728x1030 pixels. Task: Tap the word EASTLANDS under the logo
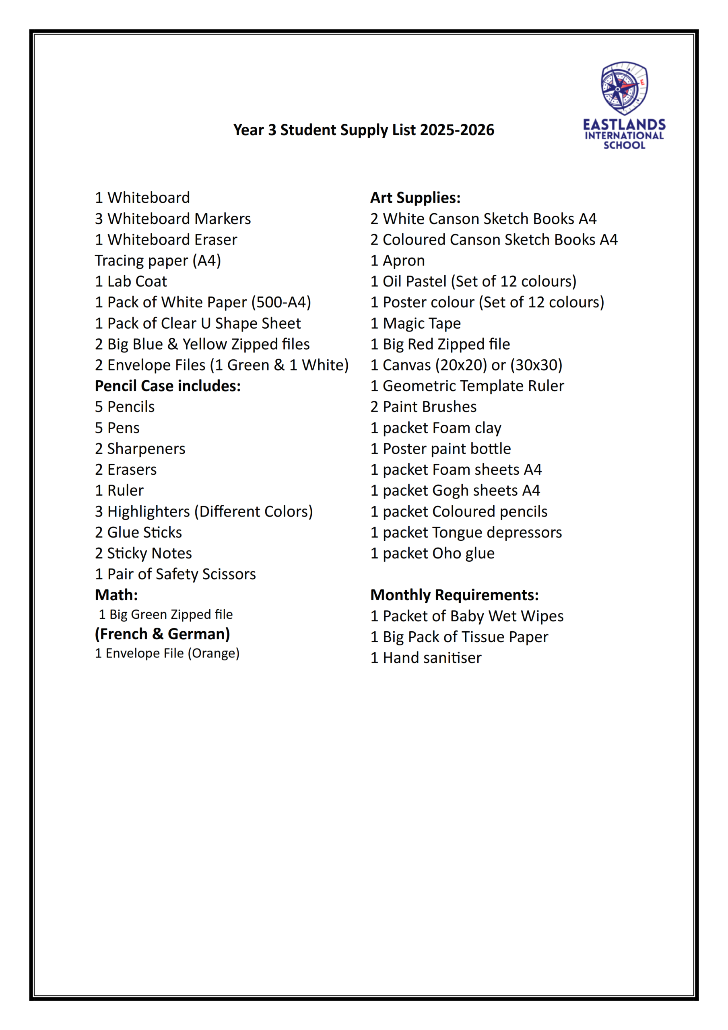point(624,125)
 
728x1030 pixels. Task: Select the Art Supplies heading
point(415,198)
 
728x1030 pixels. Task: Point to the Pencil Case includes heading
point(167,386)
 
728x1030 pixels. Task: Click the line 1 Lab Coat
point(131,282)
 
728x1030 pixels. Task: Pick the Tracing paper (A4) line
point(157,261)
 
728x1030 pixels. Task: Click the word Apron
point(404,261)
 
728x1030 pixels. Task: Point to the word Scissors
point(230,574)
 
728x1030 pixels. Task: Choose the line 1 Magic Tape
point(415,323)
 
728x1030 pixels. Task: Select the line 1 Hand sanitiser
point(425,658)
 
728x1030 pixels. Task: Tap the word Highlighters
point(148,512)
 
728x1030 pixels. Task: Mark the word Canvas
point(406,365)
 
